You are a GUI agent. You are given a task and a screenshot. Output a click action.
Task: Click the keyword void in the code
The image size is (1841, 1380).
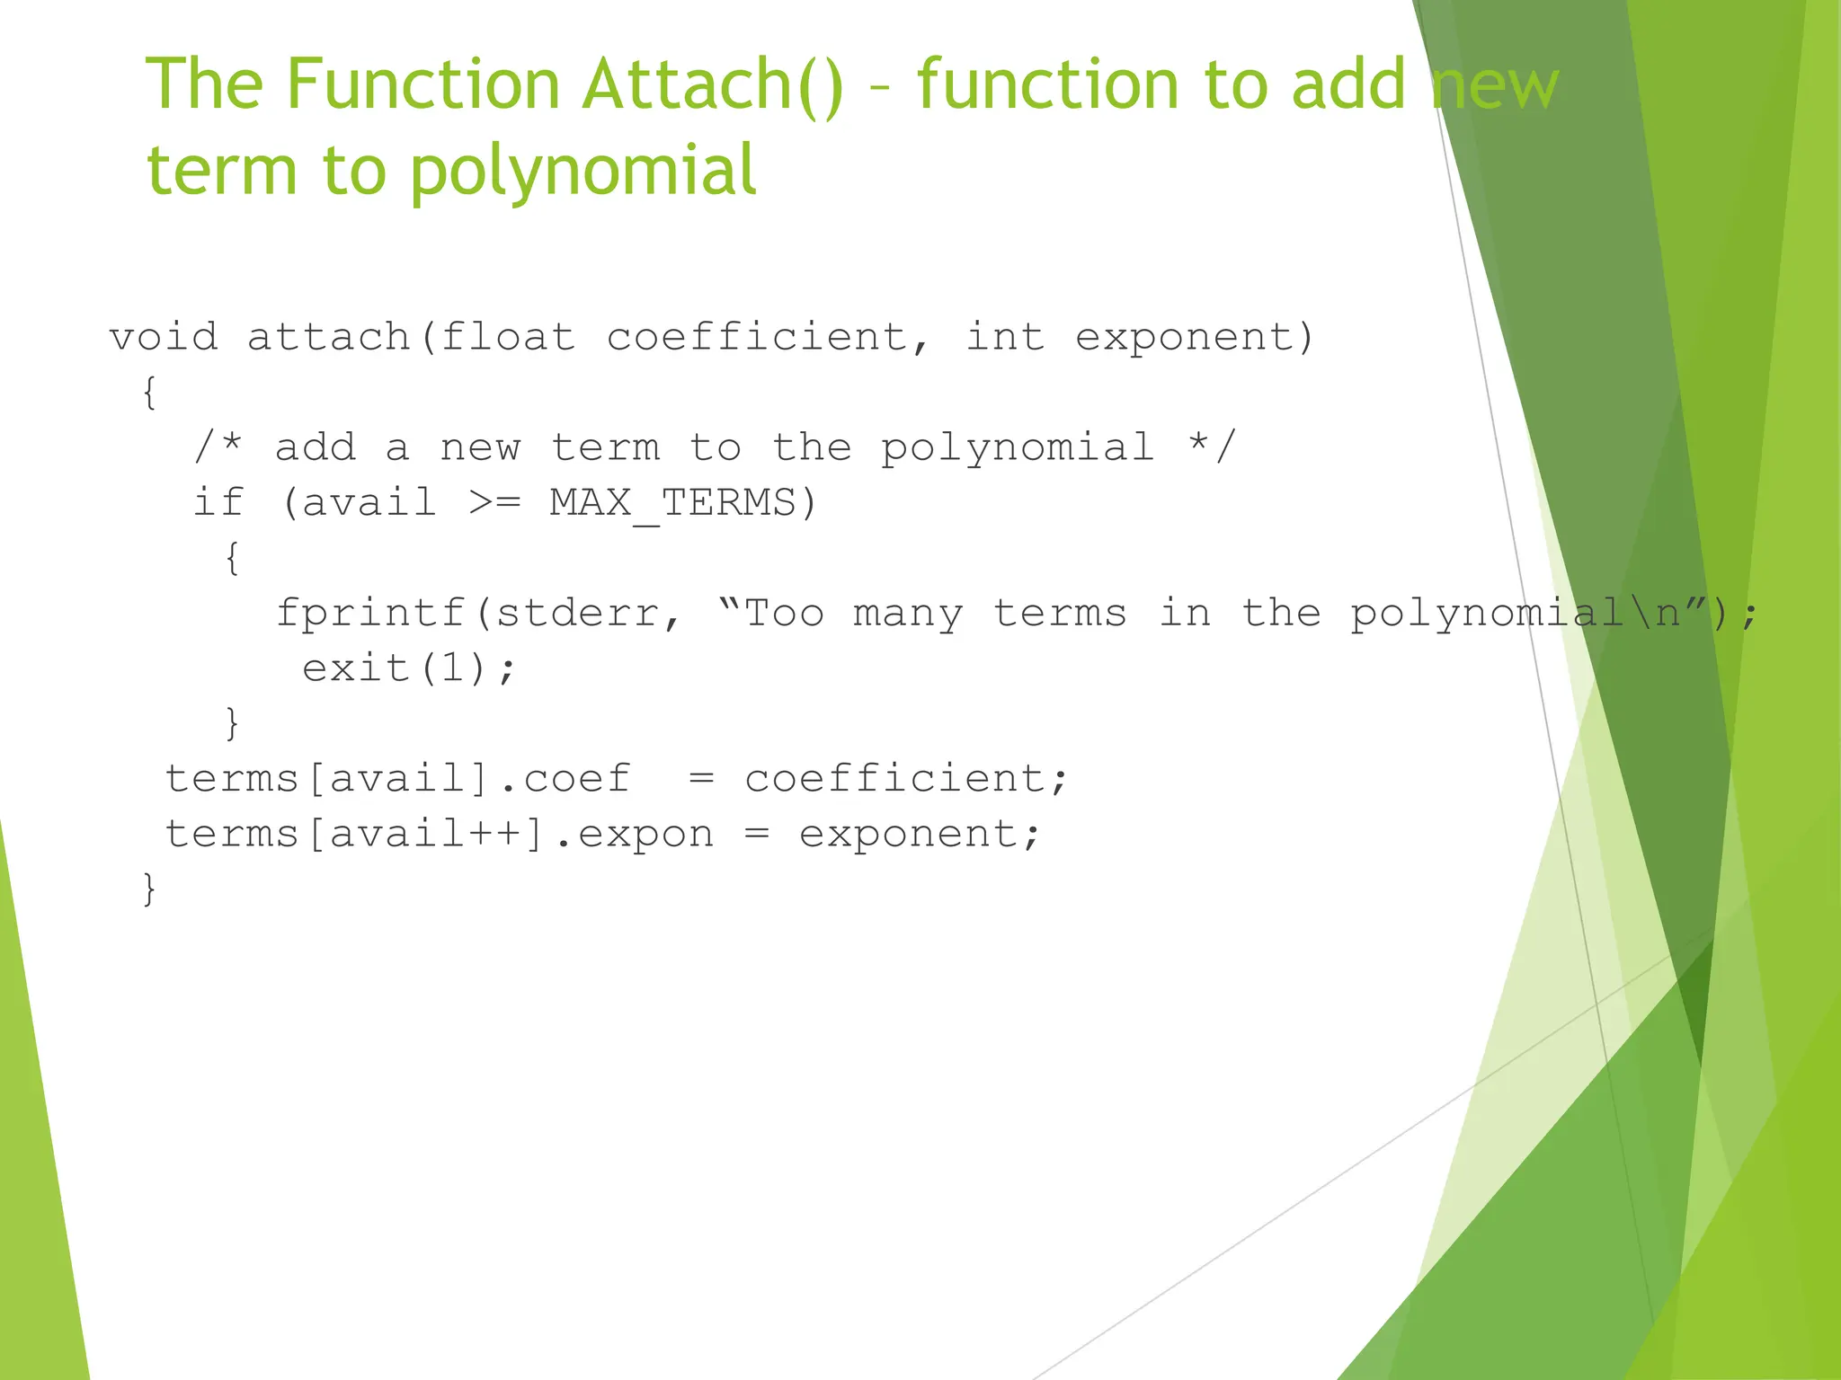(164, 338)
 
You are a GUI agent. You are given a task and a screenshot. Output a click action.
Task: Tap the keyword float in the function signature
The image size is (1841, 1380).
(508, 338)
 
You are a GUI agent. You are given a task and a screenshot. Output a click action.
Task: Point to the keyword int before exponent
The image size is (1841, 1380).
(1005, 338)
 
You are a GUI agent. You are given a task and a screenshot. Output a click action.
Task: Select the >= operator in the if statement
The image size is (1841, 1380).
(494, 503)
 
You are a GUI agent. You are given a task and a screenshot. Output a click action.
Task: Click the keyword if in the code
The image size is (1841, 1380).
(218, 503)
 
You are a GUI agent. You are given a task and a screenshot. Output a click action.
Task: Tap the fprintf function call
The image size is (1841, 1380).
(370, 614)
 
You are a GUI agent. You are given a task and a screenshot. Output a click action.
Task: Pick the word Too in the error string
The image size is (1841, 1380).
(784, 614)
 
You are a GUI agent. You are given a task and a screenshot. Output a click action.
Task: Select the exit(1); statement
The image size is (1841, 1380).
(409, 669)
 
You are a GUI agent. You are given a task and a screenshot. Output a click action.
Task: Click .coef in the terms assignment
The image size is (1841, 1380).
(565, 779)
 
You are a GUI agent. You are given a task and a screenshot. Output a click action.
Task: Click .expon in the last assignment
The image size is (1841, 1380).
(634, 835)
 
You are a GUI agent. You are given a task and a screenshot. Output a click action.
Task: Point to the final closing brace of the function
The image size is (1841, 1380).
(150, 889)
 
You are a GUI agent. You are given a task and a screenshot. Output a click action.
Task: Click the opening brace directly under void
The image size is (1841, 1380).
(150, 393)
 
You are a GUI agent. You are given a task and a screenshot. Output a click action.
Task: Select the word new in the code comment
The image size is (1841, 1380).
(480, 448)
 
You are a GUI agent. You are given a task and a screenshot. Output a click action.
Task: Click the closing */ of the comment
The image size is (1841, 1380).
(1213, 447)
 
